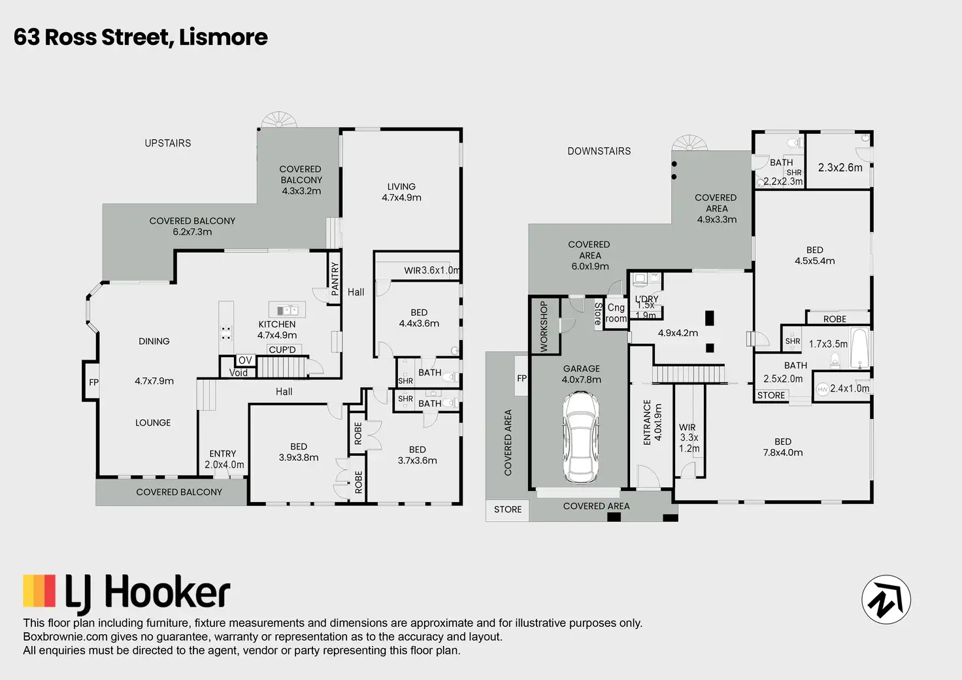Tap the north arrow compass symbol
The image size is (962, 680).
[x=886, y=600]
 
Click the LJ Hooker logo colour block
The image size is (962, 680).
[x=40, y=591]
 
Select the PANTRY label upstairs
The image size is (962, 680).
[x=335, y=279]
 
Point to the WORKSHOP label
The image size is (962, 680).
[x=544, y=326]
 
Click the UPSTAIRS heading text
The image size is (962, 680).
[x=168, y=143]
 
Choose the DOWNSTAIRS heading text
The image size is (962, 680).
[x=599, y=151]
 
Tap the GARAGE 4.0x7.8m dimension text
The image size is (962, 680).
[x=582, y=374]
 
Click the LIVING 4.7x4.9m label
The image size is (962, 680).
[x=401, y=192]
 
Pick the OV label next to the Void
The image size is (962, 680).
[x=245, y=360]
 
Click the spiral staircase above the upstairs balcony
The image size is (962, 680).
[x=279, y=120]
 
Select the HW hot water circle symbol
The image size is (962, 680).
[x=823, y=389]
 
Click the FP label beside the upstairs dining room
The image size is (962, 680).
[x=93, y=382]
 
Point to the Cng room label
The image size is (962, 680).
[x=616, y=313]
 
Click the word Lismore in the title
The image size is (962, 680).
[x=223, y=37]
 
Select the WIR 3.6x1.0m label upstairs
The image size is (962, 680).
[x=431, y=270]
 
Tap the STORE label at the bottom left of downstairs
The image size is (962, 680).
[x=508, y=509]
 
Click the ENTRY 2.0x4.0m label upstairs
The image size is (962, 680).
[x=224, y=459]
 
